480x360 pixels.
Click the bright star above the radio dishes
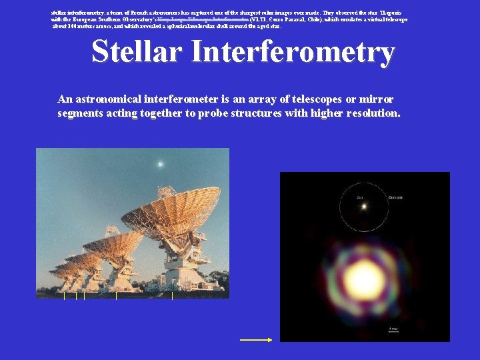[160, 163]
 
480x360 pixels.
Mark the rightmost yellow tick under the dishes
[173, 295]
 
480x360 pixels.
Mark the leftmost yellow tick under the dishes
[64, 295]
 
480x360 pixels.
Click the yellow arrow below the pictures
[256, 340]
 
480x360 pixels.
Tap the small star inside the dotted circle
[364, 207]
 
